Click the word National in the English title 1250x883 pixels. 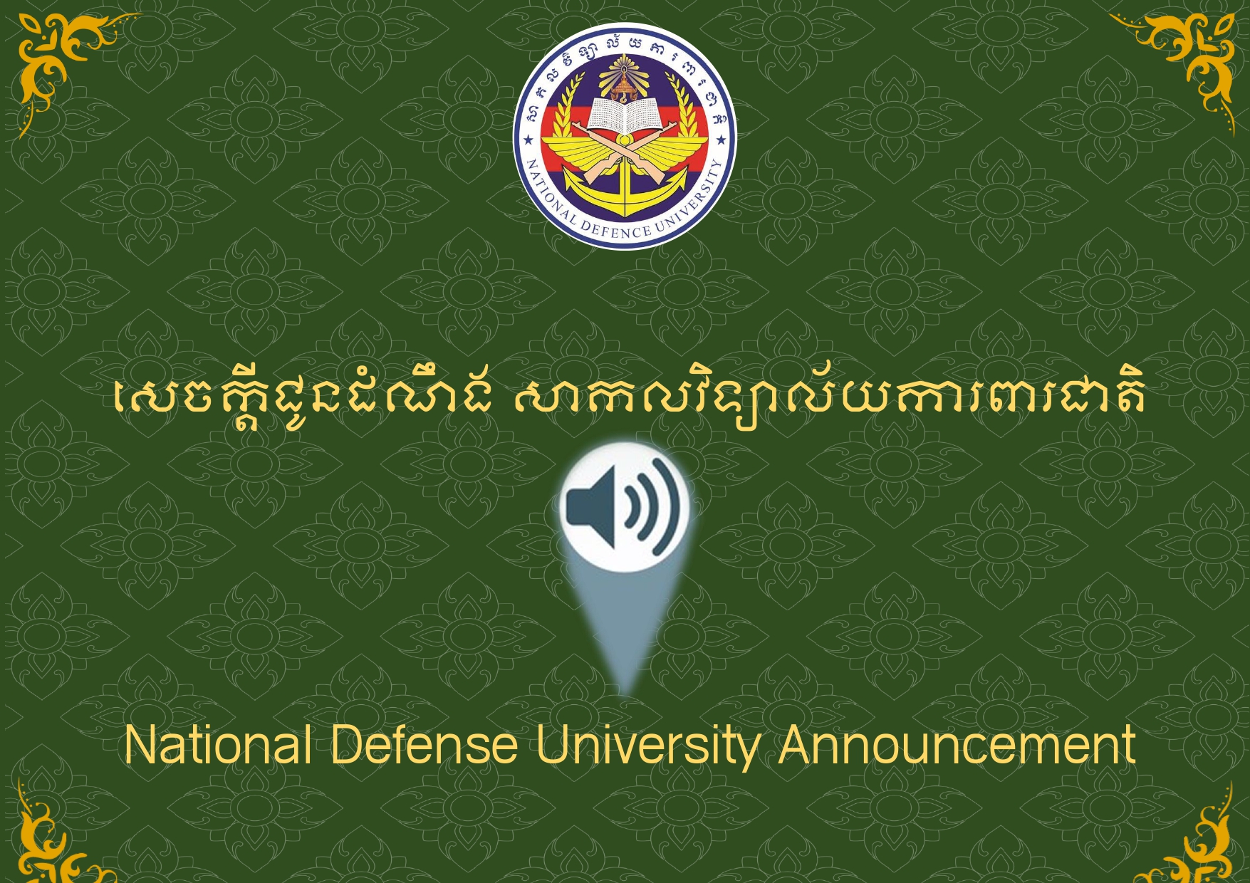click(218, 745)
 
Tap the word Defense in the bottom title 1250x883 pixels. click(424, 745)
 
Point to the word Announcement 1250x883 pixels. click(957, 745)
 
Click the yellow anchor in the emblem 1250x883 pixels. click(625, 187)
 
